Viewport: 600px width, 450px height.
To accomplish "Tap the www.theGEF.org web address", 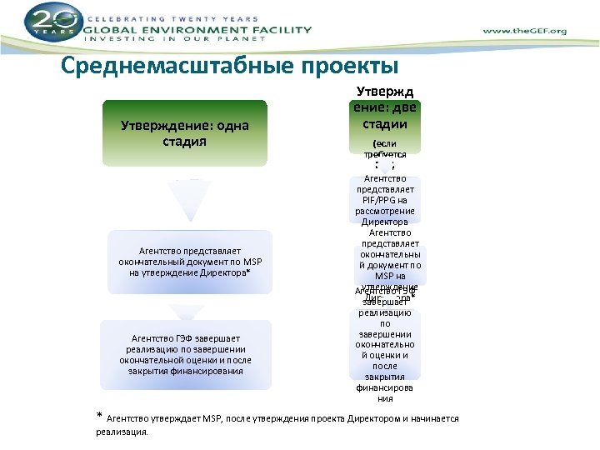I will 524,31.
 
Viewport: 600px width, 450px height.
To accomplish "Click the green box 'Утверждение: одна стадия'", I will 184,132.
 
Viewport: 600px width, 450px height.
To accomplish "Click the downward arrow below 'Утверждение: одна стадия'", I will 184,199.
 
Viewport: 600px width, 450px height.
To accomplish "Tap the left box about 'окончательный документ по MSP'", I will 190,261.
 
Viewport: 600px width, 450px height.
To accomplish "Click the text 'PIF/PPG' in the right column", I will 385,200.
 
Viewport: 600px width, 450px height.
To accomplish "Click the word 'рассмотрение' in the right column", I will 385,211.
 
